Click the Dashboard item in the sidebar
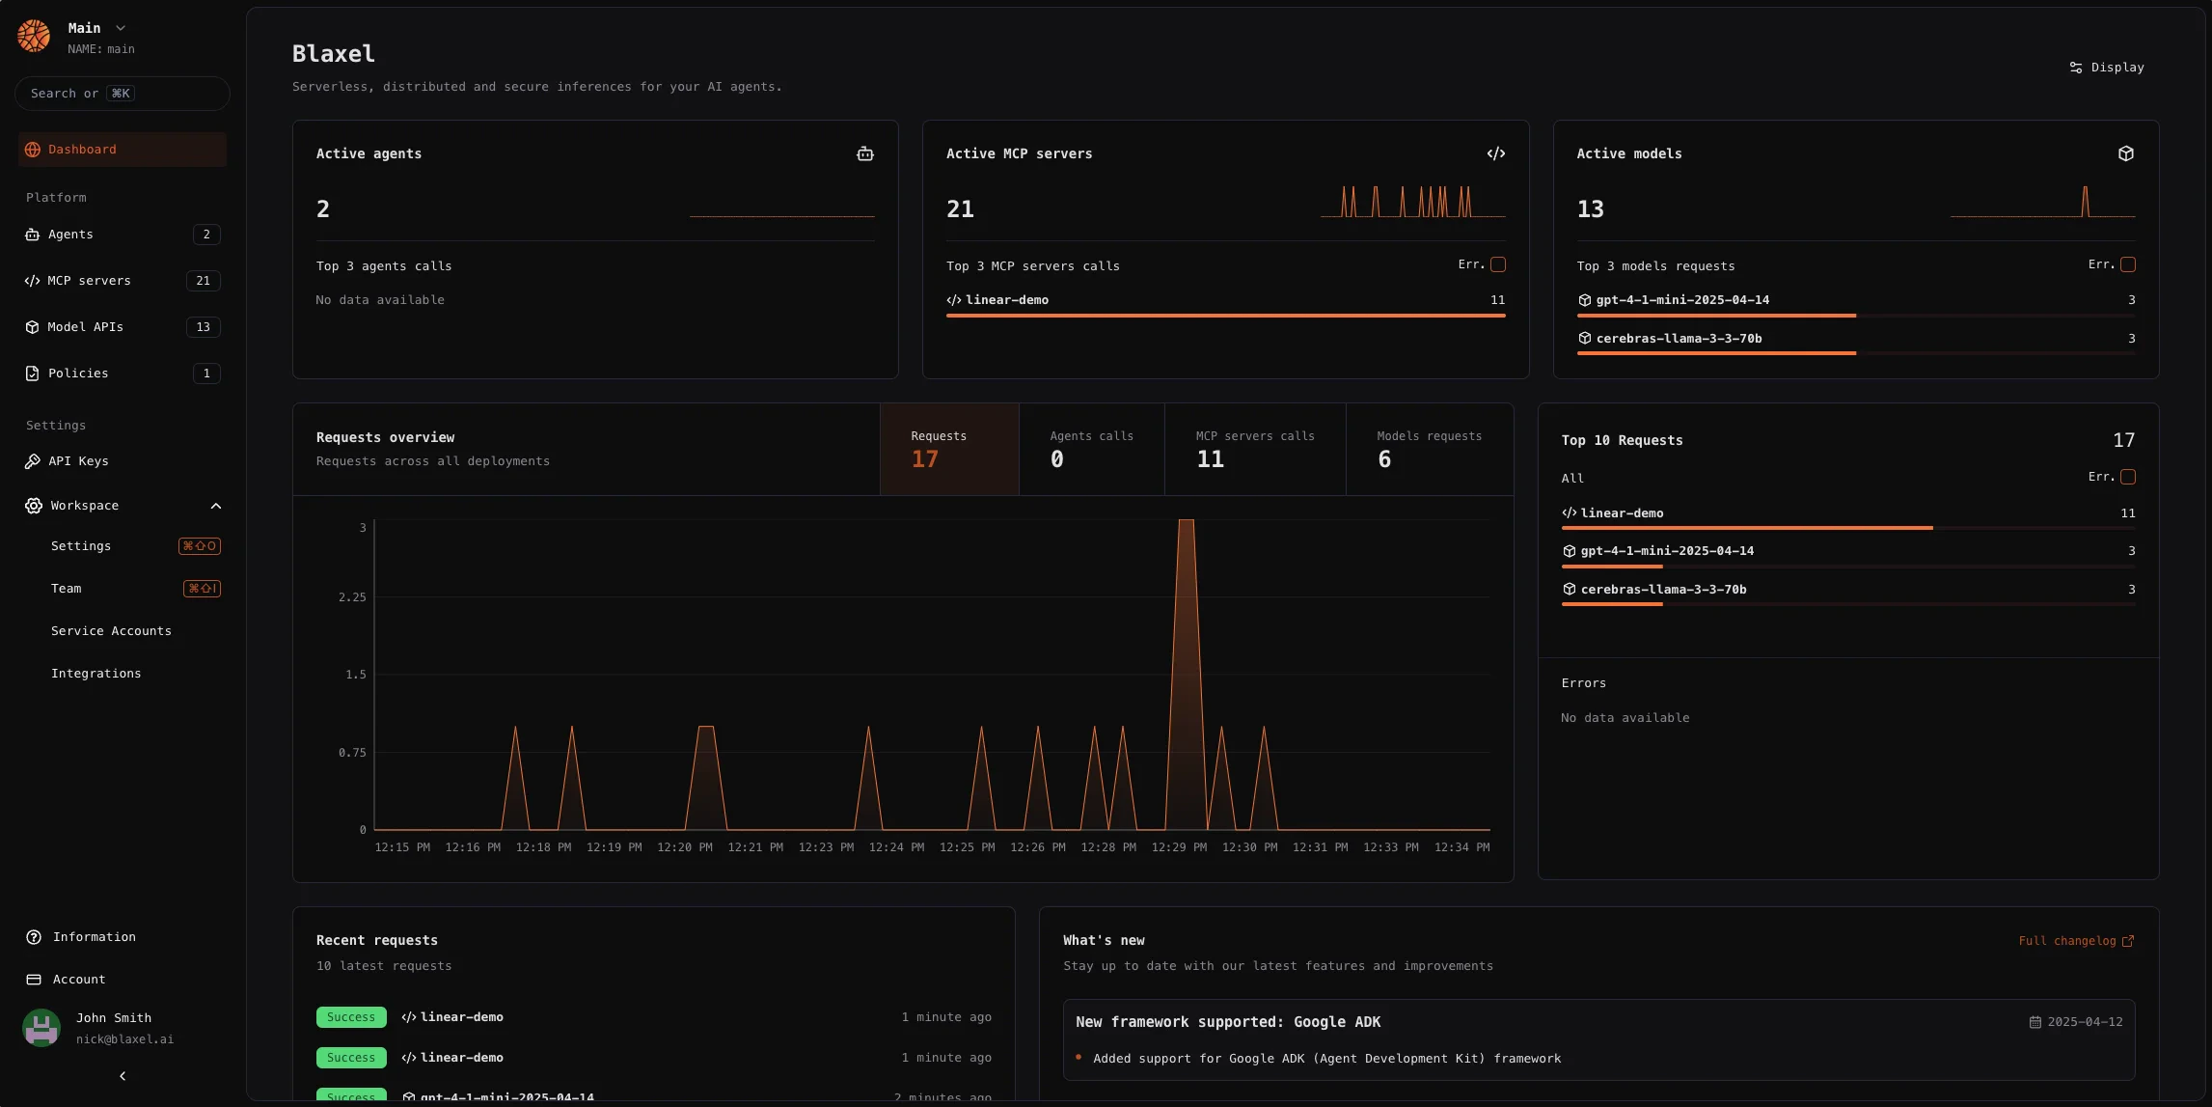(82, 150)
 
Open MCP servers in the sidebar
(89, 281)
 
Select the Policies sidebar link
(78, 374)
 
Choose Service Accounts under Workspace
(111, 631)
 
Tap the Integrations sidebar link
(96, 674)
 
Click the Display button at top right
(2107, 68)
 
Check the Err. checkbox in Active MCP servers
(1498, 264)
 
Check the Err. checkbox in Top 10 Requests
(2128, 477)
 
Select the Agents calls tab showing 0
(1091, 449)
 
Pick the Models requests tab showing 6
(1429, 449)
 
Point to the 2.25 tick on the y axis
(352, 597)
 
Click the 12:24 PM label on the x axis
(896, 847)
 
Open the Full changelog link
(2076, 941)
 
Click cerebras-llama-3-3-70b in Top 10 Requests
(1663, 590)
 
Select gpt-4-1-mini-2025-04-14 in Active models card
(1682, 300)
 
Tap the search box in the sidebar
(122, 94)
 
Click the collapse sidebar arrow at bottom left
(123, 1076)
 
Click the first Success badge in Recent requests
(351, 1017)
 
